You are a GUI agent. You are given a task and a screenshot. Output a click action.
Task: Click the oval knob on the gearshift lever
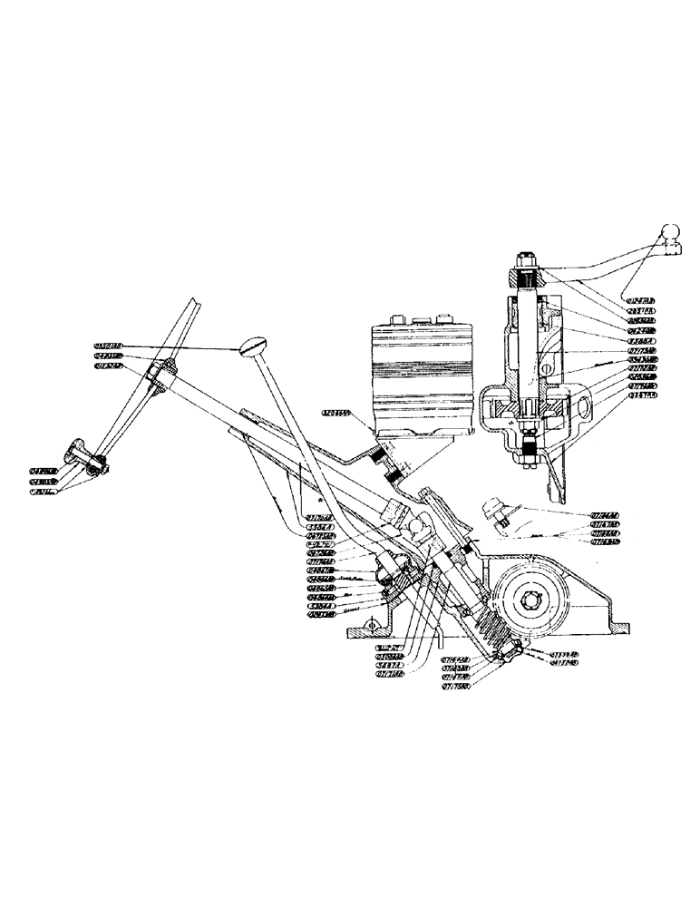[257, 346]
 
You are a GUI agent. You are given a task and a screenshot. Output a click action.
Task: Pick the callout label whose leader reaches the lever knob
[108, 346]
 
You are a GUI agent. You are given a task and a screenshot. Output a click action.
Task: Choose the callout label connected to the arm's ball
[640, 299]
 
